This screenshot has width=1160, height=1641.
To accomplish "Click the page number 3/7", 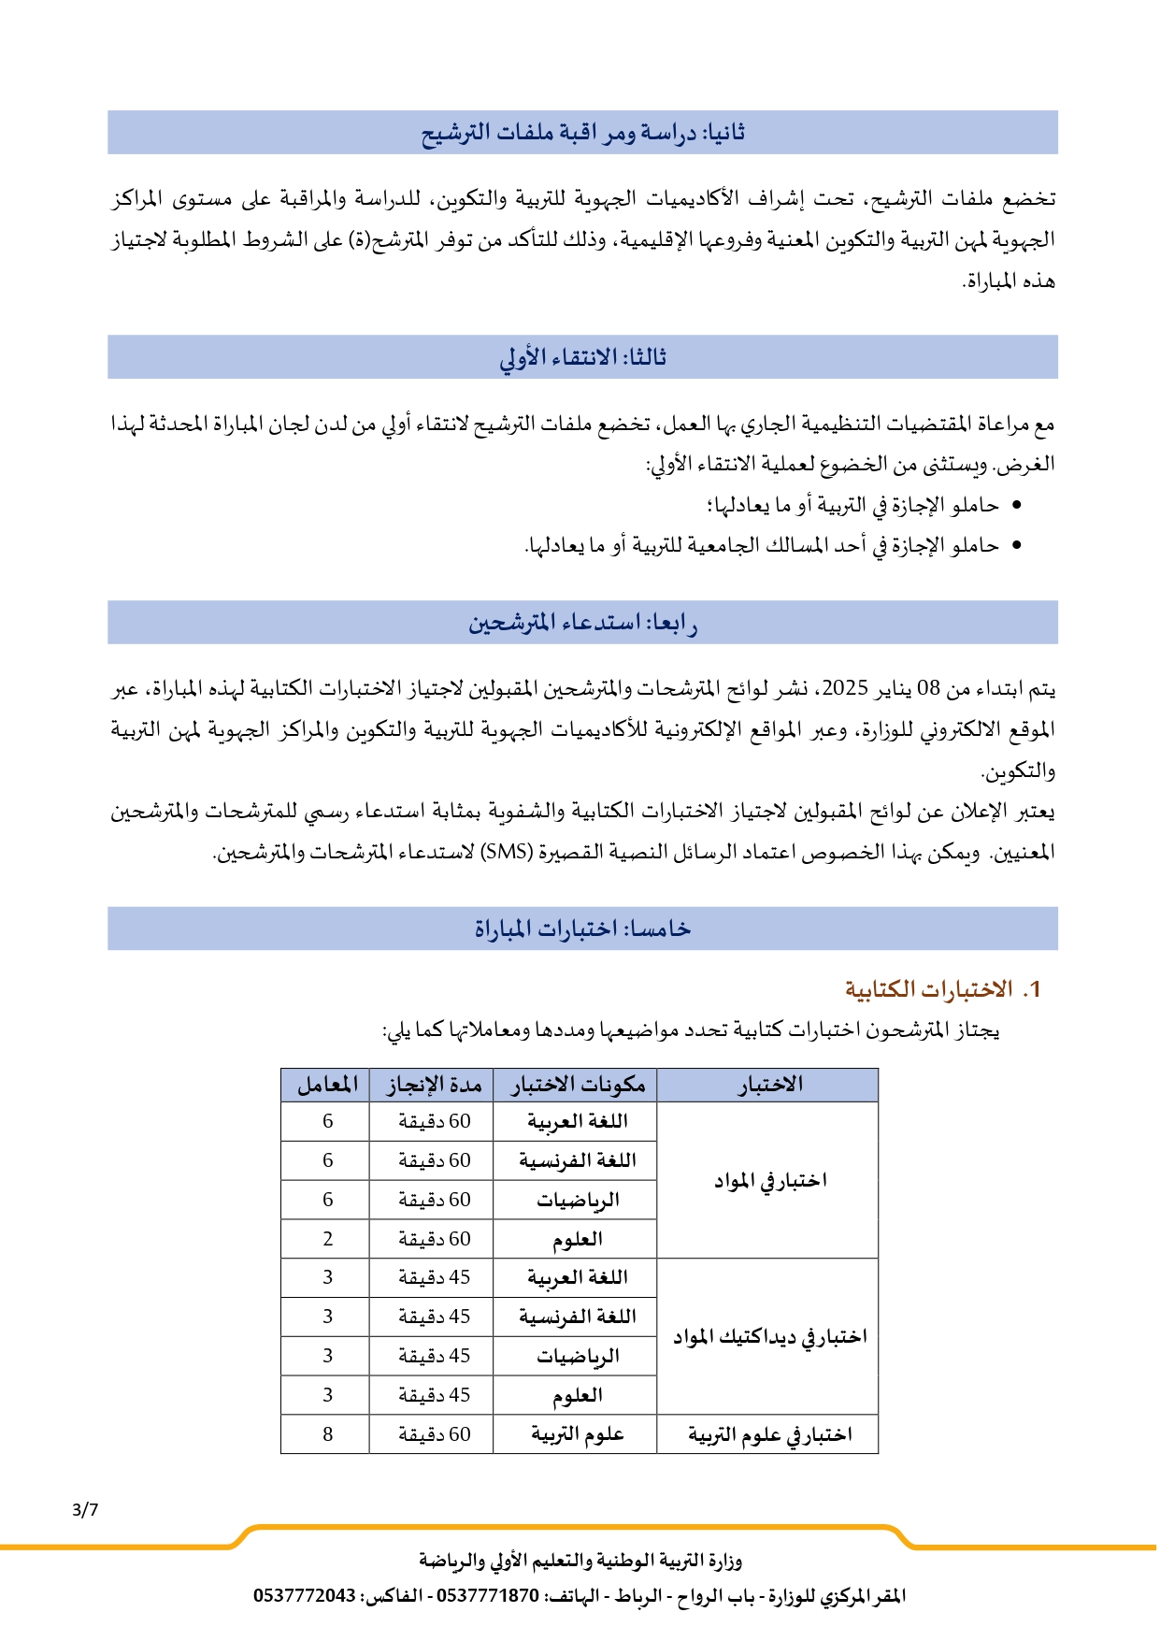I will pos(84,1509).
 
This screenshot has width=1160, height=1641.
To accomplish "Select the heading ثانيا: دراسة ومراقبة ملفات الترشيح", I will pos(582,133).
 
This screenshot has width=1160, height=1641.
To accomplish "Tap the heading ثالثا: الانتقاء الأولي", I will pos(582,357).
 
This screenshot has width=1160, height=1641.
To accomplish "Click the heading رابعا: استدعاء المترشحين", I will pos(582,623).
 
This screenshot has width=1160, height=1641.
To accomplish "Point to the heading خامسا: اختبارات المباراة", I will pos(582,928).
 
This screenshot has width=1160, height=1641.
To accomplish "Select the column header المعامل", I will pos(327,1085).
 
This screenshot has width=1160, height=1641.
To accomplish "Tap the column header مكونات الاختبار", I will pos(578,1085).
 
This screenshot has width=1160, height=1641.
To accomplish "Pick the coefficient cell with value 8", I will pos(327,1434).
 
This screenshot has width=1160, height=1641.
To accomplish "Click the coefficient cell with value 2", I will pos(327,1239).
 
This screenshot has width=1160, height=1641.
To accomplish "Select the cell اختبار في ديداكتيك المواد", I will pos(769,1337).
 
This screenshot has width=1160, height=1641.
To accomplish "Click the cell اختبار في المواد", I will pos(769,1181).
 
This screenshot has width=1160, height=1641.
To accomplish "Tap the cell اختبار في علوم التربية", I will pos(769,1434).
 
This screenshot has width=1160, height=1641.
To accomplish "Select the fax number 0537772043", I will pos(305,1596).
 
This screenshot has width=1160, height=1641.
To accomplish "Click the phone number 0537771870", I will pos(488,1596).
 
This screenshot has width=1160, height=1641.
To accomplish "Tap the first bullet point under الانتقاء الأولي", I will pos(1016,506).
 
